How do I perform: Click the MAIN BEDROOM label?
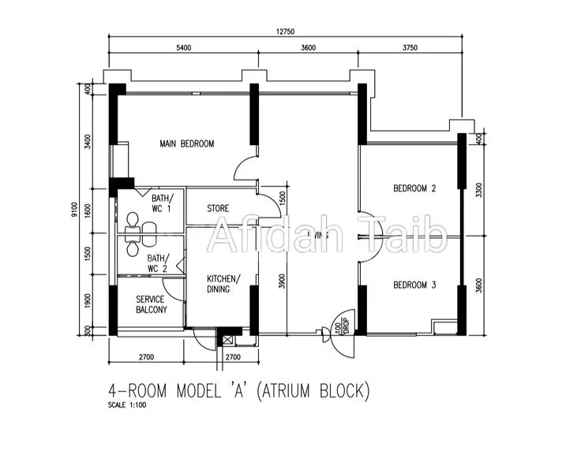[187, 143]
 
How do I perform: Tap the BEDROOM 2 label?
[414, 188]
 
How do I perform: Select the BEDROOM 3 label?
[414, 285]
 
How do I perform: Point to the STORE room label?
[218, 209]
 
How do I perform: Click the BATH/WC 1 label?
[161, 203]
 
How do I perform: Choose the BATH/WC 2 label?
[157, 263]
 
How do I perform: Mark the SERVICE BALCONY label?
[151, 304]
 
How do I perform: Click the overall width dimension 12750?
[285, 32]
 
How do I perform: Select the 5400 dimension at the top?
[183, 48]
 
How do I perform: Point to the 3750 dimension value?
[410, 48]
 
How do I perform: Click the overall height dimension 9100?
[73, 210]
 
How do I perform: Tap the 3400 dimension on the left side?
[88, 142]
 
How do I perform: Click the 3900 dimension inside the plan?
[282, 281]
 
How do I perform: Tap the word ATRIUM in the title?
[292, 389]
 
